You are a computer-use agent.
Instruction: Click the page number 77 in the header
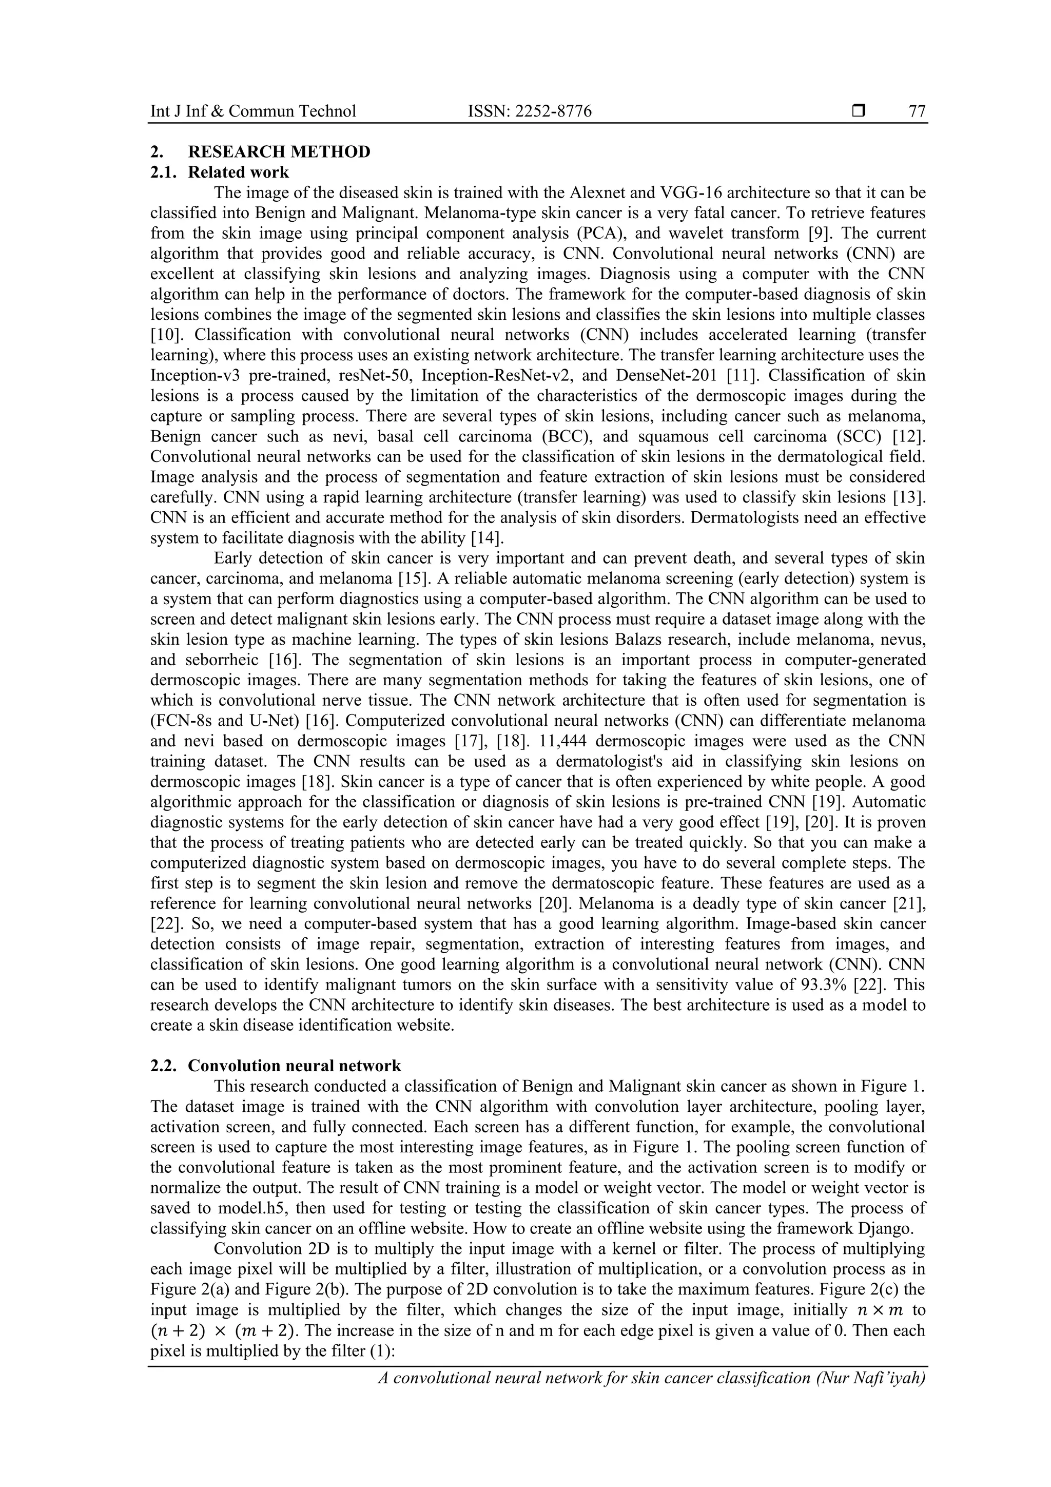click(x=917, y=111)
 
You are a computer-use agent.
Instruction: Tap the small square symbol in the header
click(x=859, y=111)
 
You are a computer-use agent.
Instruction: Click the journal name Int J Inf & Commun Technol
click(x=253, y=111)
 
